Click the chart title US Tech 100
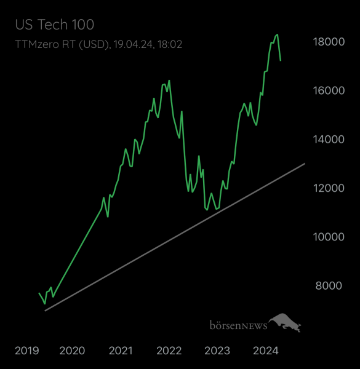coord(54,25)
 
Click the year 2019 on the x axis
coord(26,351)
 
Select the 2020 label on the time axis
coord(72,351)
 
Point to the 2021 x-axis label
coord(121,351)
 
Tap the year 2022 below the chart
coord(169,351)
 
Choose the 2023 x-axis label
coord(217,351)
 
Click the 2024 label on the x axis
coord(266,351)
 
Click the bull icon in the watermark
coord(284,322)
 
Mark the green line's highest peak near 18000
coord(278,34)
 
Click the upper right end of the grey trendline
coord(305,164)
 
